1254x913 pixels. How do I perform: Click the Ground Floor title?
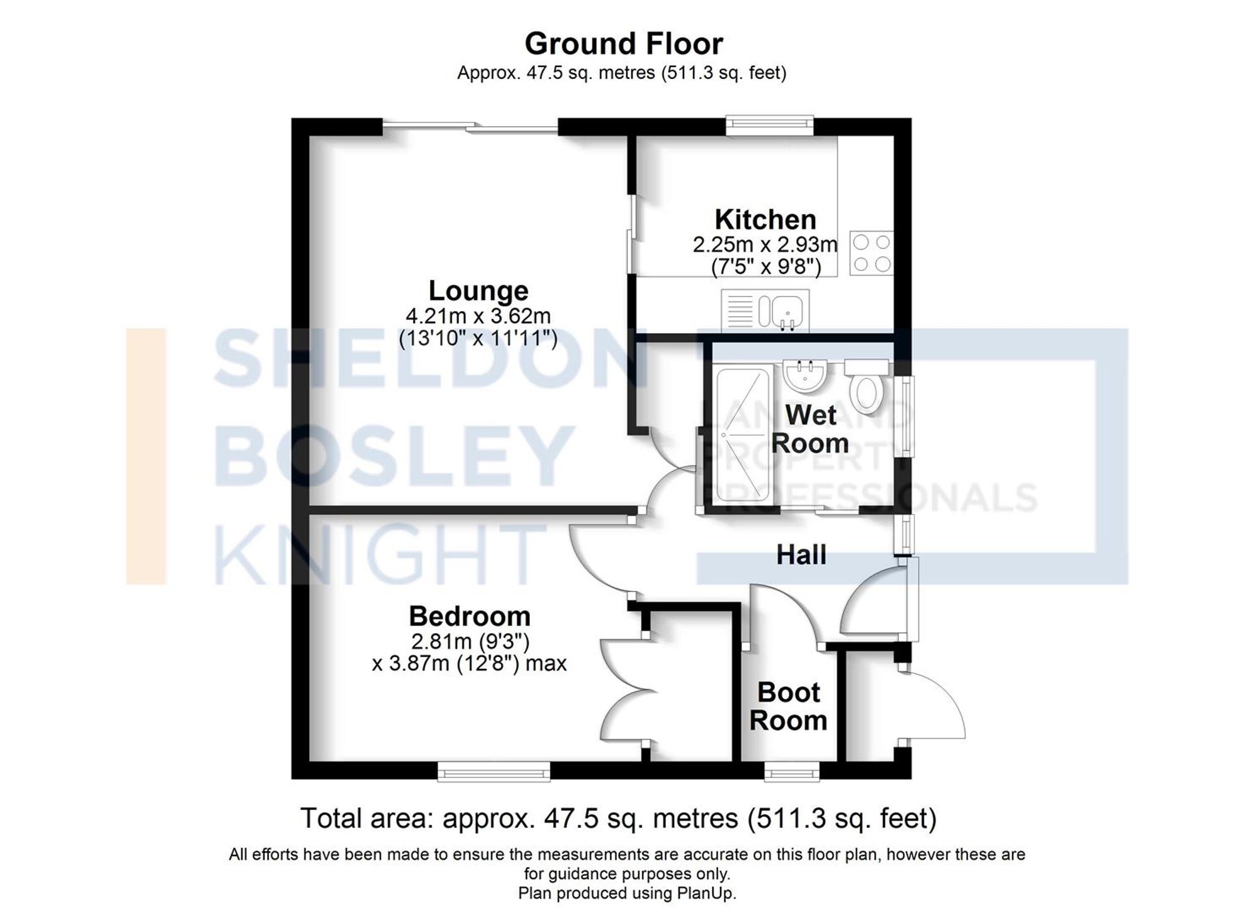623,44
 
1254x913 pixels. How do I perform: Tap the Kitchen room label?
765,220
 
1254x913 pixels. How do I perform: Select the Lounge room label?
478,291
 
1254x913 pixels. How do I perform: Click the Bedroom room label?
470,616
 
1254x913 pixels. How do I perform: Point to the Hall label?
801,555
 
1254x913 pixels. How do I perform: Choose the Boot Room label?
789,707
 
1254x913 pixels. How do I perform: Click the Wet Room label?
810,429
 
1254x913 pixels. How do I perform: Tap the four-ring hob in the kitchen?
872,254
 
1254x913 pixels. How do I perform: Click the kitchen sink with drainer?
765,310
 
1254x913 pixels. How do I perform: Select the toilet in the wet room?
867,387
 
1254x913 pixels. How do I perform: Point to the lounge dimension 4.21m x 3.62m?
478,316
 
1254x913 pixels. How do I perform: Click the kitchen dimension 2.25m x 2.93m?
765,244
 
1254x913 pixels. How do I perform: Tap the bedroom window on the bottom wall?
494,771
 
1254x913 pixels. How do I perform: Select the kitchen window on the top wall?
770,124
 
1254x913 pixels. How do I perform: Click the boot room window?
792,771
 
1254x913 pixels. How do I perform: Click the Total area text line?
618,818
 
